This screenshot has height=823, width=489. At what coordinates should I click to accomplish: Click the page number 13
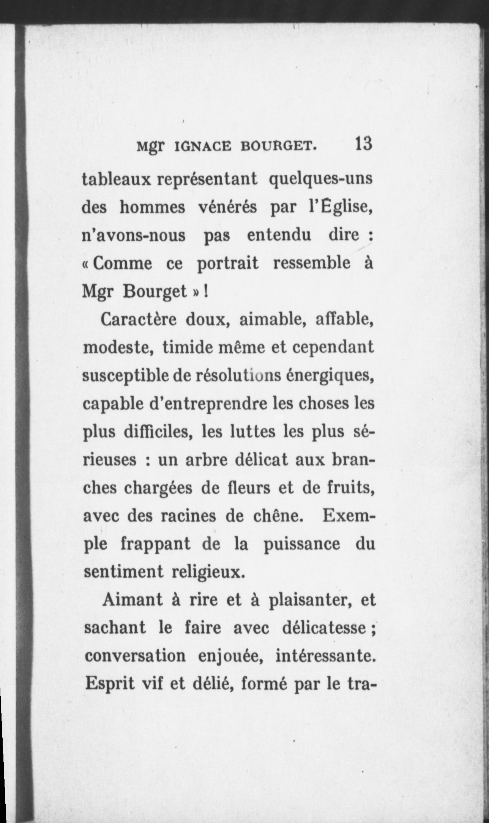(363, 144)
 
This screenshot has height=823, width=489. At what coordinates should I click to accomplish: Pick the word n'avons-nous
(134, 235)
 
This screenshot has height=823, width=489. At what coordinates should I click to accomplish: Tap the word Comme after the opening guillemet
(122, 263)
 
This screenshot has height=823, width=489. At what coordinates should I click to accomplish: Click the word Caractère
(139, 320)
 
